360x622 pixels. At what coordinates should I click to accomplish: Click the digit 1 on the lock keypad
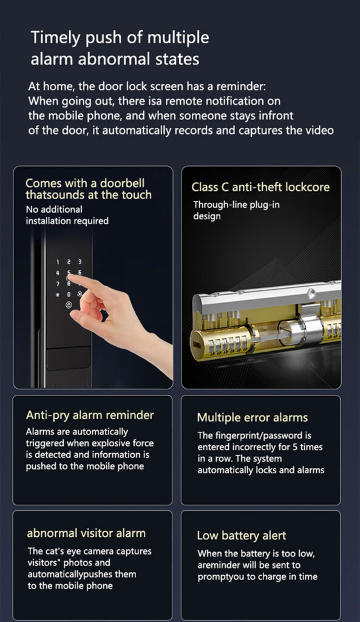(58, 262)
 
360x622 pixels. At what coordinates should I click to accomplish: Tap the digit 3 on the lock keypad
(80, 262)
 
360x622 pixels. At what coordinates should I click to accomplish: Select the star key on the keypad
(58, 295)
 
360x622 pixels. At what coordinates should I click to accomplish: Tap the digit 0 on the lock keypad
(69, 295)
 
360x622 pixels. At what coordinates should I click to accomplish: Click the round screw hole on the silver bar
(311, 294)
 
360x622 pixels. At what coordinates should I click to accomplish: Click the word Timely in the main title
(56, 38)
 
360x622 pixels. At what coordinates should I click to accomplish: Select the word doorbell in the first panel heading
(122, 183)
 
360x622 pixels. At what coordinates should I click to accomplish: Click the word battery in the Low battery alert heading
(240, 536)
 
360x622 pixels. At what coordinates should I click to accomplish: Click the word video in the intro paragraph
(321, 130)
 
